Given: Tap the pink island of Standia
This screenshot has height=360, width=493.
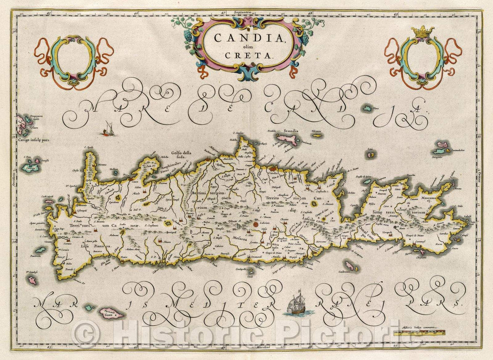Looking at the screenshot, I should click(289, 138).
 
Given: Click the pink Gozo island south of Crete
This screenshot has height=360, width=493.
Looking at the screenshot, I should click(112, 313).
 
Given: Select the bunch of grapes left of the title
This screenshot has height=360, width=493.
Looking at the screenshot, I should click(189, 34).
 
